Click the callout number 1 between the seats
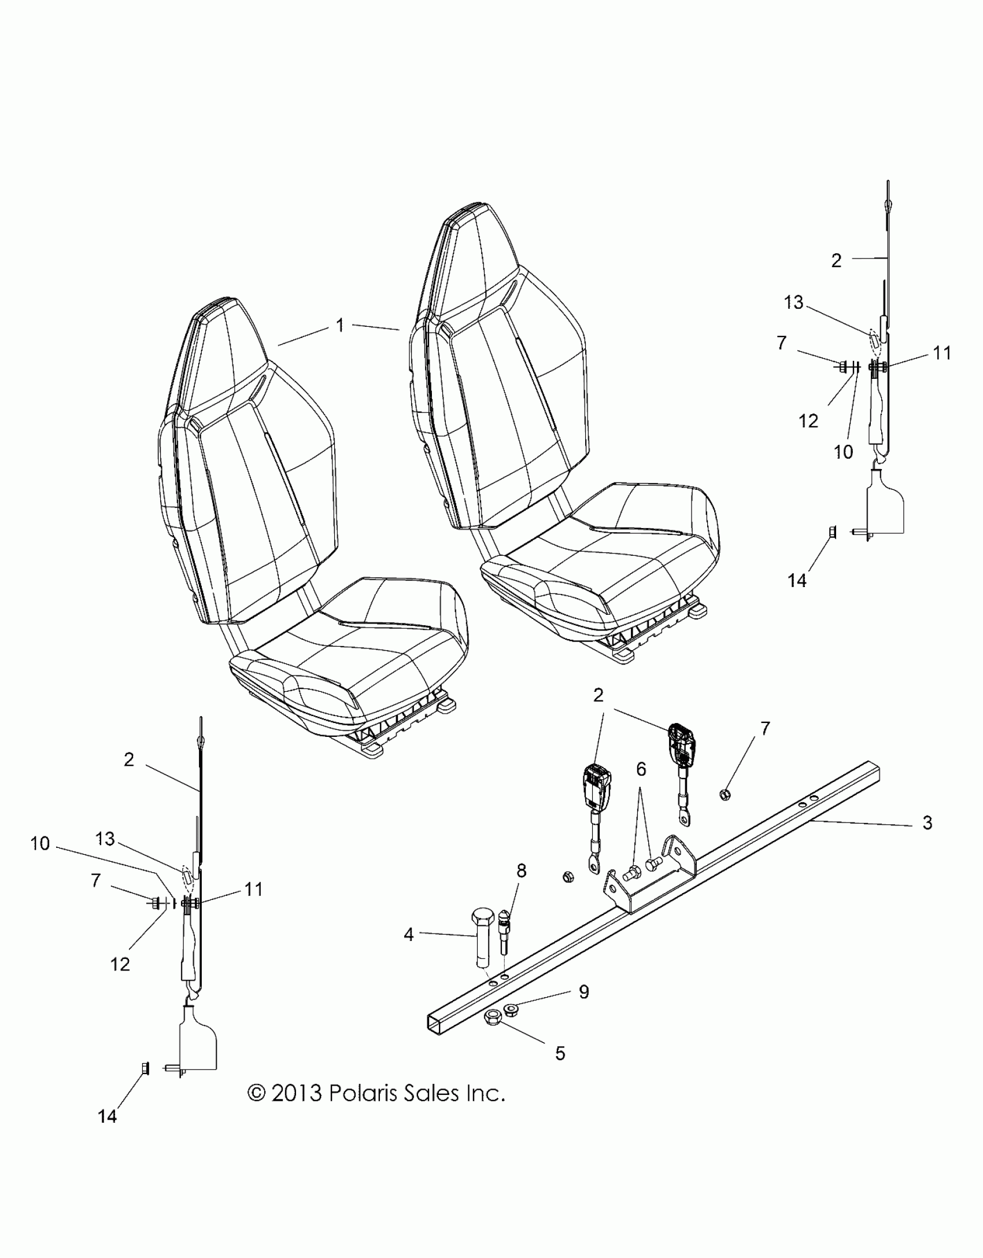click(340, 326)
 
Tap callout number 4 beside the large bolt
click(409, 934)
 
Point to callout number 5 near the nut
click(560, 1053)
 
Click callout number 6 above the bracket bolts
click(641, 770)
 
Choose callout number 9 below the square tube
click(584, 992)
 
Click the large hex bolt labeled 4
click(482, 937)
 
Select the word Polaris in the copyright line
click(370, 1094)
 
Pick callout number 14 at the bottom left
click(108, 1132)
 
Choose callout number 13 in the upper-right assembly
click(794, 302)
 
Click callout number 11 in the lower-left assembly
click(253, 889)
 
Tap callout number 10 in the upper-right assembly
click(844, 452)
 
